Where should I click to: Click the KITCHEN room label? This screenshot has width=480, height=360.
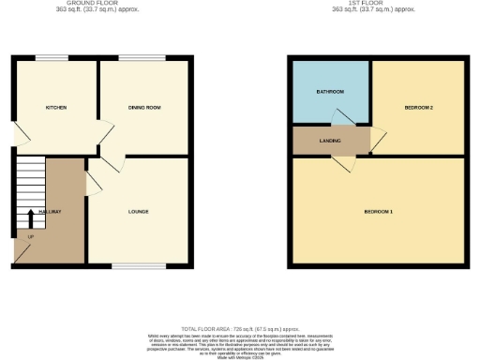click(x=56, y=108)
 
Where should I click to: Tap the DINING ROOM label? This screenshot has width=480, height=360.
click(x=144, y=108)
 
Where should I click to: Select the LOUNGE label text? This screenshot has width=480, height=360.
click(x=139, y=211)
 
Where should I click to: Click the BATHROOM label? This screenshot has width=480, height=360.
click(x=329, y=91)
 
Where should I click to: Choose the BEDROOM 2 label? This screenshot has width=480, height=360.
click(x=418, y=108)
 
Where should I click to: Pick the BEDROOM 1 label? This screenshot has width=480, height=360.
click(x=378, y=211)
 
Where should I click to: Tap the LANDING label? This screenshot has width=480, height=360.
click(x=330, y=141)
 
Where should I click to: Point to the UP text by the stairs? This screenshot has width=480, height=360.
click(x=30, y=234)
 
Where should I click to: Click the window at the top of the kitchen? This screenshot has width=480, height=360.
click(x=52, y=58)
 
